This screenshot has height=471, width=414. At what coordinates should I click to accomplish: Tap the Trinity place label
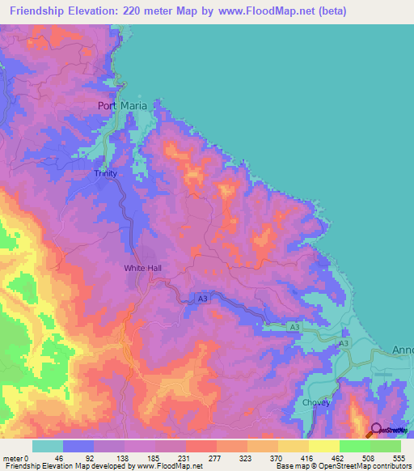pyautogui.click(x=106, y=173)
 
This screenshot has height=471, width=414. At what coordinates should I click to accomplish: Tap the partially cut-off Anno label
pyautogui.click(x=402, y=350)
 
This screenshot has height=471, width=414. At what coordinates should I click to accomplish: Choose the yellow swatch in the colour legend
pyautogui.click(x=323, y=446)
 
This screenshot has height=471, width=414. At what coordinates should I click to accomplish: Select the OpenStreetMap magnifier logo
pyautogui.click(x=376, y=430)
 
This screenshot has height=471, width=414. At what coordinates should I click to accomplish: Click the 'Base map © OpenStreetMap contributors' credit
pyautogui.click(x=343, y=467)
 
